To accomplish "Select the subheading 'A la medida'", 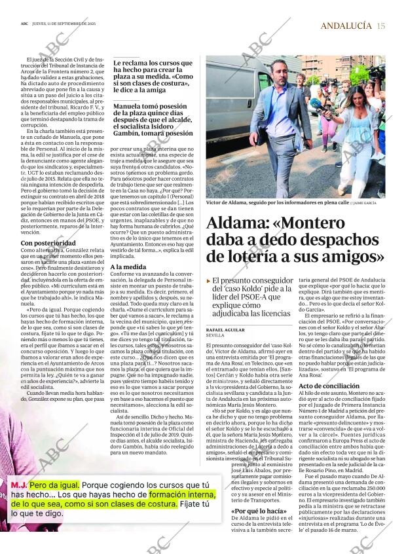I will pyautogui.click(x=128, y=267).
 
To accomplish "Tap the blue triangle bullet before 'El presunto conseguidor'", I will pyautogui.click(x=208, y=280).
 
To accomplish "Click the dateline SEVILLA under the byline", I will pyautogui.click(x=215, y=335).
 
